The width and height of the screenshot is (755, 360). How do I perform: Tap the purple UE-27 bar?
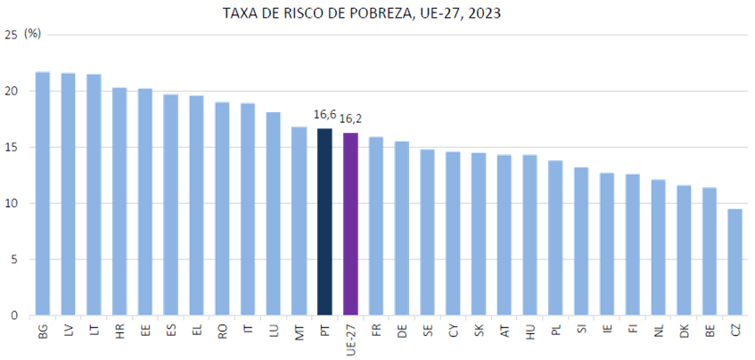350,224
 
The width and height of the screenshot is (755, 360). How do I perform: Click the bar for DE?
402,227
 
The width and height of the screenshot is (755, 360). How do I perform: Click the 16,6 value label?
324,114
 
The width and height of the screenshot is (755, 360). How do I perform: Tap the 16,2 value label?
350,118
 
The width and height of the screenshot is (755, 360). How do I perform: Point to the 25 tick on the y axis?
11,35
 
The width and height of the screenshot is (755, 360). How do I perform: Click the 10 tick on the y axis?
11,203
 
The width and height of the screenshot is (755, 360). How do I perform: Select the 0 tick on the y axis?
13,315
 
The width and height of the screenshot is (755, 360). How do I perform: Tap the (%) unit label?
32,33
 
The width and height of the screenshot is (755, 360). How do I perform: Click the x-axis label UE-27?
350,334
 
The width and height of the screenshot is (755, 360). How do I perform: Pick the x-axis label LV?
68,330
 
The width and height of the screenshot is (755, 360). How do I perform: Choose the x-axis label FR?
376,330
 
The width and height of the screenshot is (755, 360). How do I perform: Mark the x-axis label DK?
684,330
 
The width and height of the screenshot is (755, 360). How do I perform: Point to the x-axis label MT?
299,330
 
